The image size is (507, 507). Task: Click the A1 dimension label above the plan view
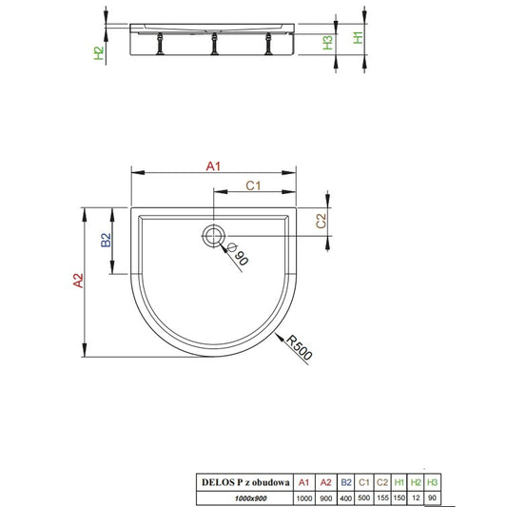(x=213, y=166)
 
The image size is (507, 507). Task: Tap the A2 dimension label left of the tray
(x=78, y=281)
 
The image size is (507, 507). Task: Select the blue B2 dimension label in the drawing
(x=106, y=240)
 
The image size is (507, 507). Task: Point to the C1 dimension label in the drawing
(x=253, y=185)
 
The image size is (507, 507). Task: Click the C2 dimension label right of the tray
(x=321, y=222)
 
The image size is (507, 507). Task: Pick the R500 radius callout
(x=299, y=347)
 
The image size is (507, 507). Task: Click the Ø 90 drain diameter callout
(x=238, y=254)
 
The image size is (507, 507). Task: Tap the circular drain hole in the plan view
(x=213, y=236)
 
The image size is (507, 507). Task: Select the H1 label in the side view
(x=358, y=37)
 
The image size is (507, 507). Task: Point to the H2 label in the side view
(x=99, y=53)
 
